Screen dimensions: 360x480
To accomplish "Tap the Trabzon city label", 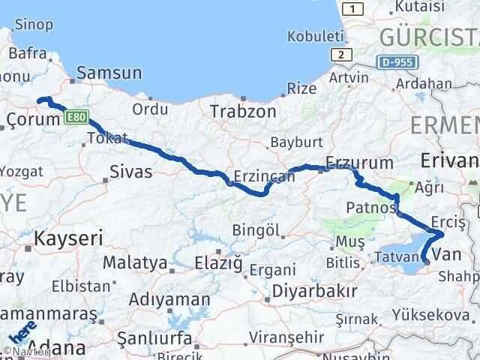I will click(243, 112).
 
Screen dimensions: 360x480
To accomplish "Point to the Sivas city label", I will click(130, 172).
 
